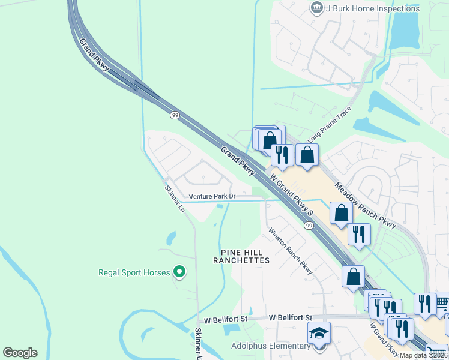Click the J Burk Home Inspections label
tap(372, 8)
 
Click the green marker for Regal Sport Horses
tap(179, 272)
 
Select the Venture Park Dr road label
tap(212, 196)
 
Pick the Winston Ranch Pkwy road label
tap(291, 251)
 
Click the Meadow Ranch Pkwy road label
tap(365, 205)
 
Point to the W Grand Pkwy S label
tap(292, 195)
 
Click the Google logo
tap(20, 353)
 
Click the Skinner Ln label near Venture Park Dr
tap(175, 197)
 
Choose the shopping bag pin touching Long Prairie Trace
tap(307, 155)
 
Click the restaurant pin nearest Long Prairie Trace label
tap(282, 155)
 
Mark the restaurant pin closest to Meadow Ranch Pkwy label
tap(359, 234)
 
